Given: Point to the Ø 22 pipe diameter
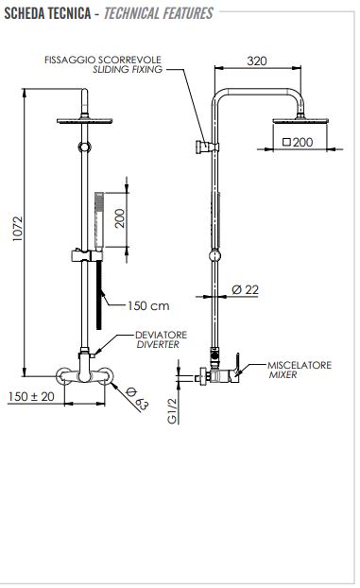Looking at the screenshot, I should click(246, 289).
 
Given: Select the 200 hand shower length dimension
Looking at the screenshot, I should click(119, 217).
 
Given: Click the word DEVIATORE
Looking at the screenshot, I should click(161, 334).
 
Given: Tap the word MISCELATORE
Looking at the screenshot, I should click(300, 364).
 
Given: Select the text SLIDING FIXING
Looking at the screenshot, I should click(128, 70).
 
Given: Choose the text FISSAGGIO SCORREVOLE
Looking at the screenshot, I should click(104, 59).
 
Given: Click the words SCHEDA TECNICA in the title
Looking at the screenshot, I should click(47, 13).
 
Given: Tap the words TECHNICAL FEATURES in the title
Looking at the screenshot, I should click(159, 13).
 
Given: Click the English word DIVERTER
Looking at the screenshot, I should click(157, 345).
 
